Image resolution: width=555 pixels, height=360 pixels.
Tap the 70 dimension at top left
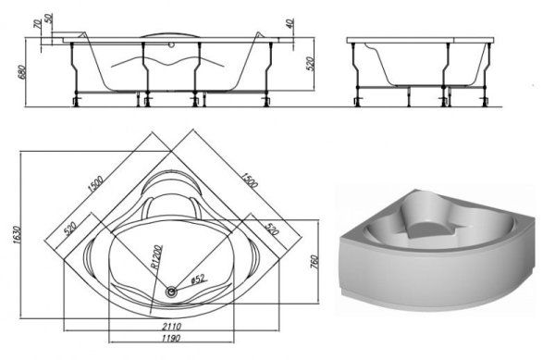[x=37, y=24]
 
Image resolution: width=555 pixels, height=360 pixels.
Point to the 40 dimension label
[x=290, y=24]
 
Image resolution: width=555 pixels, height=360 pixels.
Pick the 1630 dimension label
[x=17, y=235]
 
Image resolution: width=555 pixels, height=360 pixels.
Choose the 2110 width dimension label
[x=171, y=326]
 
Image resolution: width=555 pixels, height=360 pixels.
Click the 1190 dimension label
[x=171, y=338]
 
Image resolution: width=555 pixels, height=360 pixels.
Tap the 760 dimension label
[x=314, y=262]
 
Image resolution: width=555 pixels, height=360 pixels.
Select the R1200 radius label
[x=156, y=257]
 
